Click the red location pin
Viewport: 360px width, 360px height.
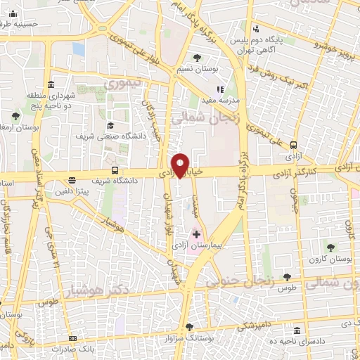point(181,165)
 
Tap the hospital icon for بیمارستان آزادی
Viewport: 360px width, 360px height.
point(196,234)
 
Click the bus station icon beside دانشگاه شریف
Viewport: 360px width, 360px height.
point(115,170)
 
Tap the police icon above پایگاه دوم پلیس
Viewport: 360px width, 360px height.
point(256,30)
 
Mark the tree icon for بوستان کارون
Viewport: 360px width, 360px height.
point(330,247)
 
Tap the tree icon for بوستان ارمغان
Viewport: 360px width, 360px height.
point(16,115)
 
